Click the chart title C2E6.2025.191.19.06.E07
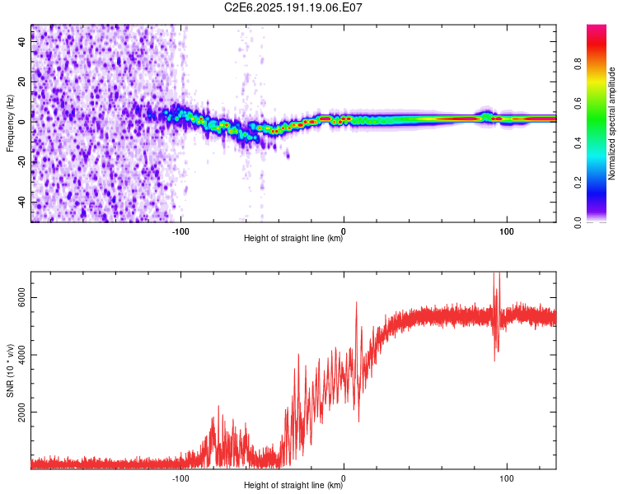pyautogui.click(x=293, y=7)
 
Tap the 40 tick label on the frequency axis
pyautogui.click(x=22, y=42)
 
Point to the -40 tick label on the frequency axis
pyautogui.click(x=22, y=201)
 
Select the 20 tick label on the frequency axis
pyautogui.click(x=22, y=82)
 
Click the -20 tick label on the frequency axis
pyautogui.click(x=22, y=161)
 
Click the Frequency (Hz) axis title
pyautogui.click(x=10, y=123)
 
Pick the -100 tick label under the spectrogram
pyautogui.click(x=180, y=231)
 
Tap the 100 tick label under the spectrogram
pyautogui.click(x=507, y=231)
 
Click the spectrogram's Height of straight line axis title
pyautogui.click(x=293, y=238)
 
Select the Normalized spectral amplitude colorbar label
pyautogui.click(x=611, y=123)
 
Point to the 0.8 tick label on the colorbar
pyautogui.click(x=578, y=63)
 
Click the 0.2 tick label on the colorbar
pyautogui.click(x=578, y=183)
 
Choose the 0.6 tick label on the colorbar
pyautogui.click(x=578, y=103)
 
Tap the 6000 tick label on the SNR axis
pyautogui.click(x=22, y=298)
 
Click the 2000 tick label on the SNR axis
pyautogui.click(x=22, y=412)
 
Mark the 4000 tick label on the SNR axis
pyautogui.click(x=22, y=355)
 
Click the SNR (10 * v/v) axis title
pyautogui.click(x=10, y=370)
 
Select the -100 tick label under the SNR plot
pyautogui.click(x=180, y=478)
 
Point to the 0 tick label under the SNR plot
pyautogui.click(x=344, y=478)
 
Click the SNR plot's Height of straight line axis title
pyautogui.click(x=293, y=485)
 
